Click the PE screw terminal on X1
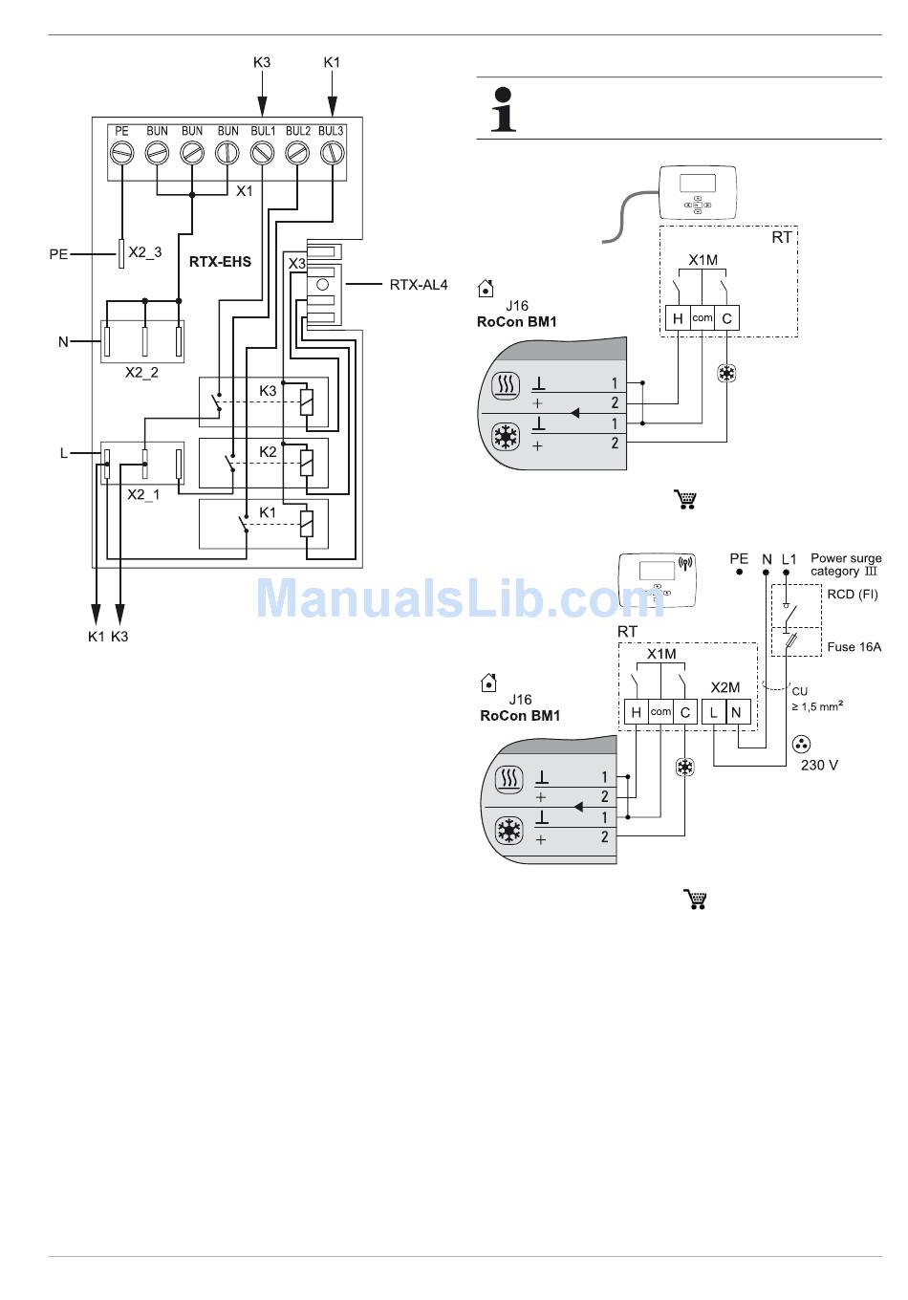tap(121, 152)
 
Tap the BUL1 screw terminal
tap(262, 152)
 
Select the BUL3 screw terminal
tap(331, 152)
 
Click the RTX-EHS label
tap(220, 261)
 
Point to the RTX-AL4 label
tap(419, 285)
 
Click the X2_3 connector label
tap(145, 252)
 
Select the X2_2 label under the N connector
tap(141, 373)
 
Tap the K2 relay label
tap(269, 451)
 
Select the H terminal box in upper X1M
tap(678, 318)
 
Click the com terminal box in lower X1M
tap(660, 712)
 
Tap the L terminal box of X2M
tap(714, 712)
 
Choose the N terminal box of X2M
tap(736, 712)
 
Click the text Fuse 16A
tap(854, 647)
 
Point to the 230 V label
tap(819, 766)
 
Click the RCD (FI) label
tap(853, 595)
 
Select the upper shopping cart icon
tap(685, 499)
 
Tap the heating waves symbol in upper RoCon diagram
tap(504, 386)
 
